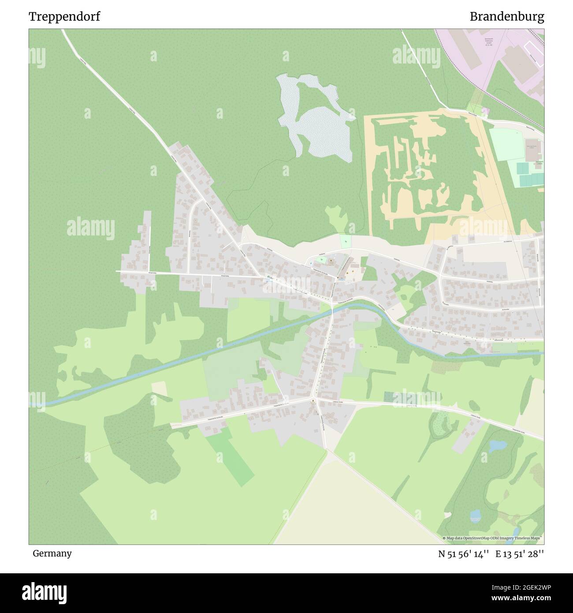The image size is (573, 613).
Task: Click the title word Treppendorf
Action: (64, 17)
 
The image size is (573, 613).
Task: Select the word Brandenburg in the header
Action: (506, 17)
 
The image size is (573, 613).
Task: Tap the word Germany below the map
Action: (52, 553)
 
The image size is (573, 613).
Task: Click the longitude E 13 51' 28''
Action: (520, 554)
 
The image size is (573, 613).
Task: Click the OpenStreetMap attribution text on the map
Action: (493, 538)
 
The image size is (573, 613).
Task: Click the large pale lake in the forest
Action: (324, 130)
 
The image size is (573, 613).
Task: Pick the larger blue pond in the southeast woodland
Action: (497, 446)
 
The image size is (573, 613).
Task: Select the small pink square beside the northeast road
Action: (485, 110)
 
